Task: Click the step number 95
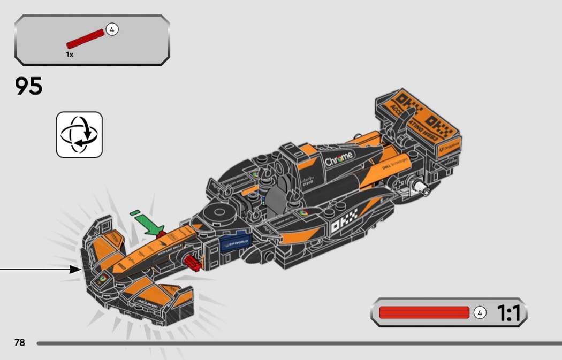point(29,86)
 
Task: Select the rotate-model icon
point(79,134)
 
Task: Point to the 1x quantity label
point(70,54)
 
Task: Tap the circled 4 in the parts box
point(111,29)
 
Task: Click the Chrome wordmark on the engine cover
point(339,158)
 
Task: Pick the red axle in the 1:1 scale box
point(424,312)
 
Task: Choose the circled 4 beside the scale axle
point(480,312)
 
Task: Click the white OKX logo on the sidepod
point(342,226)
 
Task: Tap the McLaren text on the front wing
point(148,303)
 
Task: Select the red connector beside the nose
point(192,262)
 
